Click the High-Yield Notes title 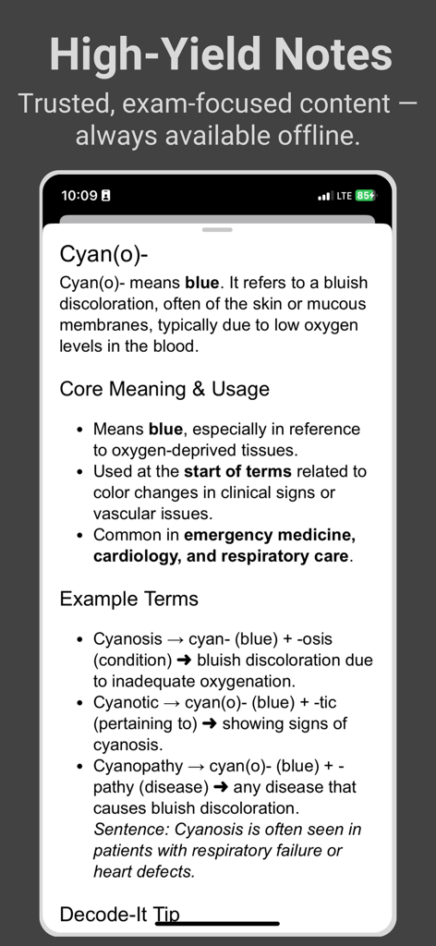pyautogui.click(x=220, y=55)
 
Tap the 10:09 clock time pyautogui.click(x=79, y=195)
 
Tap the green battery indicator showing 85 pyautogui.click(x=366, y=195)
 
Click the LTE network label pyautogui.click(x=344, y=195)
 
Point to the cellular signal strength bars pyautogui.click(x=324, y=196)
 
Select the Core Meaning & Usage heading pyautogui.click(x=164, y=389)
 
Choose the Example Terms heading pyautogui.click(x=128, y=599)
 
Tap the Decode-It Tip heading pyautogui.click(x=119, y=915)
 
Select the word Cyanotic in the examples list pyautogui.click(x=126, y=703)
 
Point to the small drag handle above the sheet pyautogui.click(x=218, y=229)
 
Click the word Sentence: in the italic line pyautogui.click(x=129, y=830)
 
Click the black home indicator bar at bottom pyautogui.click(x=218, y=923)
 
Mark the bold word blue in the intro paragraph pyautogui.click(x=203, y=283)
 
